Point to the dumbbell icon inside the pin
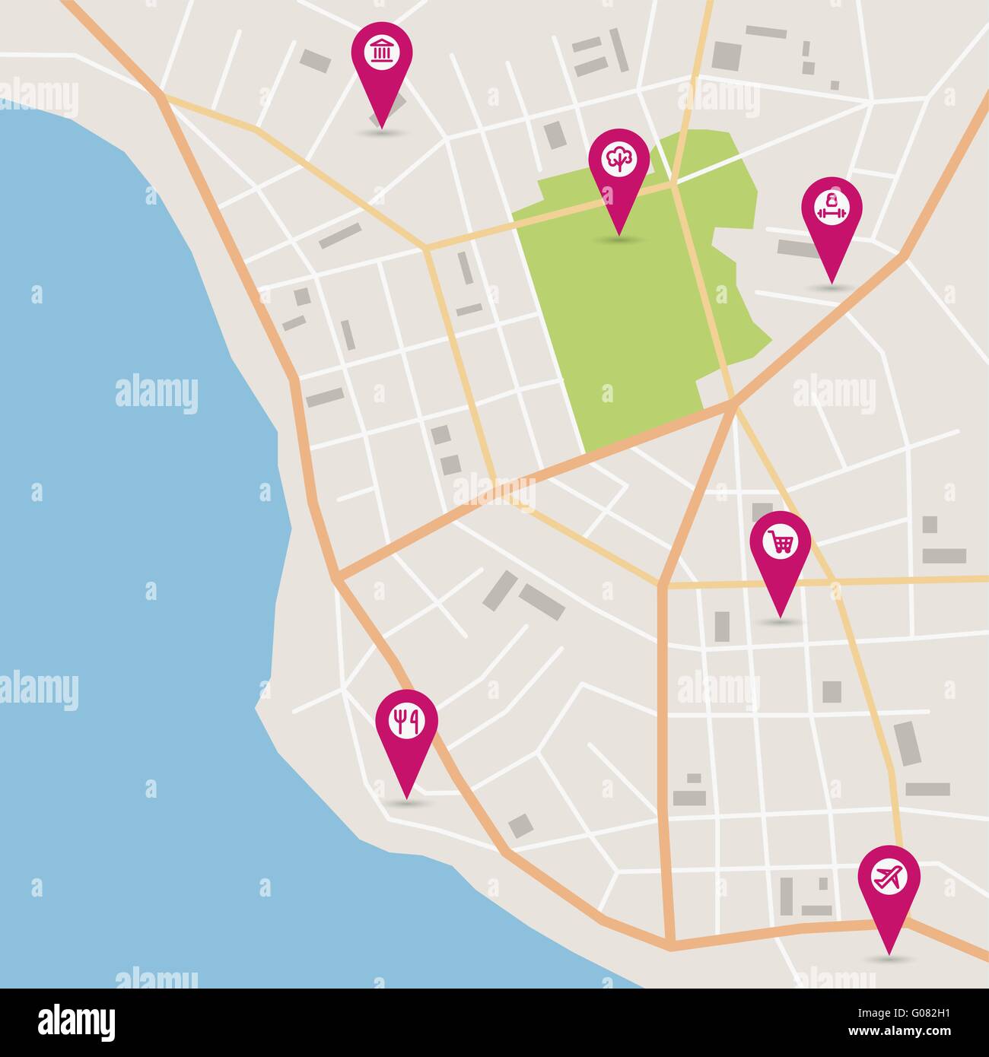pos(832,207)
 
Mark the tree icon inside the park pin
pos(619,158)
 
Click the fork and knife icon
pos(406,719)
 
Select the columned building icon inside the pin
pos(381,52)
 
